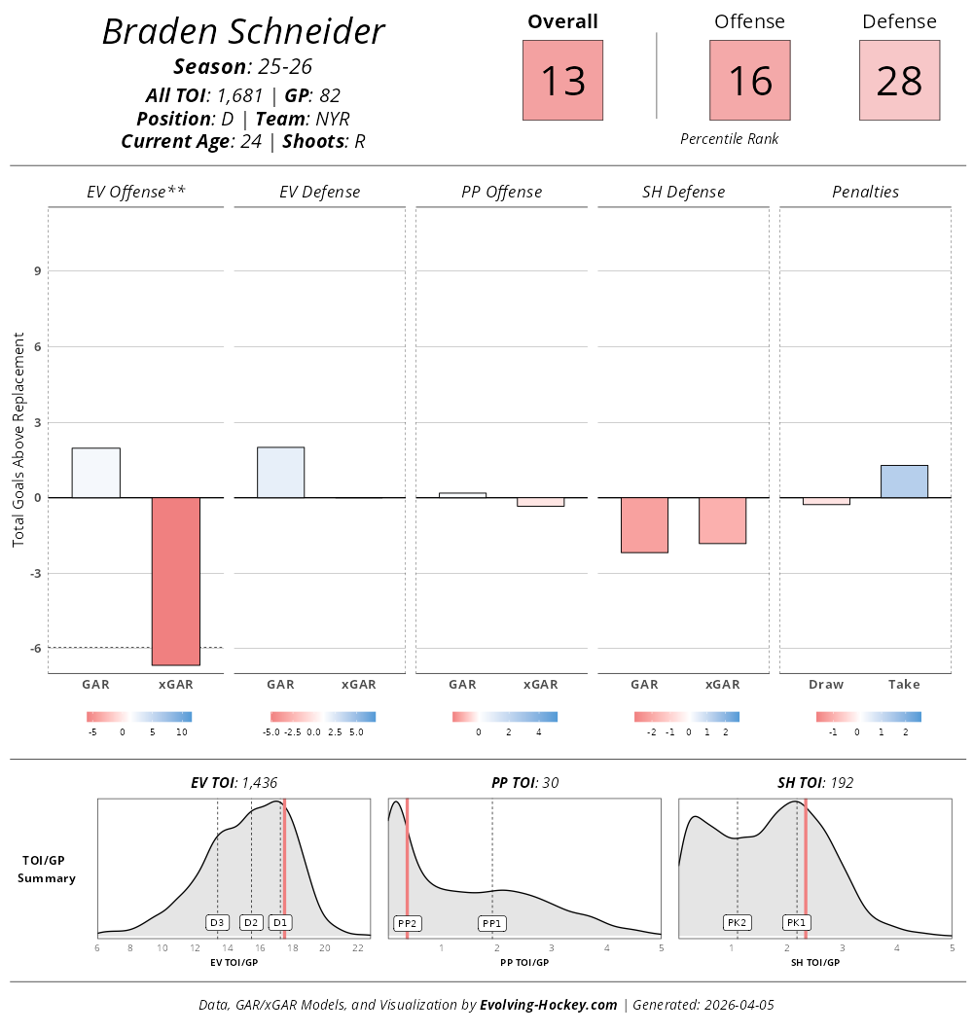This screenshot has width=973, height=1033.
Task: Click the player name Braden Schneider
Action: coord(243,32)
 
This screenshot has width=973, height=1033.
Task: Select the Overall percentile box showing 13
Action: coord(562,80)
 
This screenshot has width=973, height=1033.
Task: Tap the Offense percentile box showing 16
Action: coord(749,80)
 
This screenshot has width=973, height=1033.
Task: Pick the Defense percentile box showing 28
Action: coord(899,80)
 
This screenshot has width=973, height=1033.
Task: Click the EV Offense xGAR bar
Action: coord(175,581)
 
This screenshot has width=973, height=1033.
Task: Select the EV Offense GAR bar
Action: coord(95,473)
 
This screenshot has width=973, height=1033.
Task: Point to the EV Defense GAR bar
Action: coord(280,473)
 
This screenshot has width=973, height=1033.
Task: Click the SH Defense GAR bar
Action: coord(644,525)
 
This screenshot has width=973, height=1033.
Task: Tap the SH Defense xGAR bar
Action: coord(722,520)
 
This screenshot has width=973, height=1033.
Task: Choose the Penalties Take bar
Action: coord(904,481)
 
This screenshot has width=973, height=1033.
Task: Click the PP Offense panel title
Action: coord(501,192)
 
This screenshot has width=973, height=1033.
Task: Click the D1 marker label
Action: coord(280,922)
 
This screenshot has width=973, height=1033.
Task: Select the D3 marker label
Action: coord(217,922)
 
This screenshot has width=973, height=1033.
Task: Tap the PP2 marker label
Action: coord(407,923)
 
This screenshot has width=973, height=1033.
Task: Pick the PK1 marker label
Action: coord(797,923)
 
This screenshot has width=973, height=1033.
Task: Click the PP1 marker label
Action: coord(492,923)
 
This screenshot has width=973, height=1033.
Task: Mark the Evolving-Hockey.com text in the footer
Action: coord(549,1005)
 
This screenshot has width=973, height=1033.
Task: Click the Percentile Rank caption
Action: coord(729,139)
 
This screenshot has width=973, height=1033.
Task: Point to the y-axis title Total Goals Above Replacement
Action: coord(18,438)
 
